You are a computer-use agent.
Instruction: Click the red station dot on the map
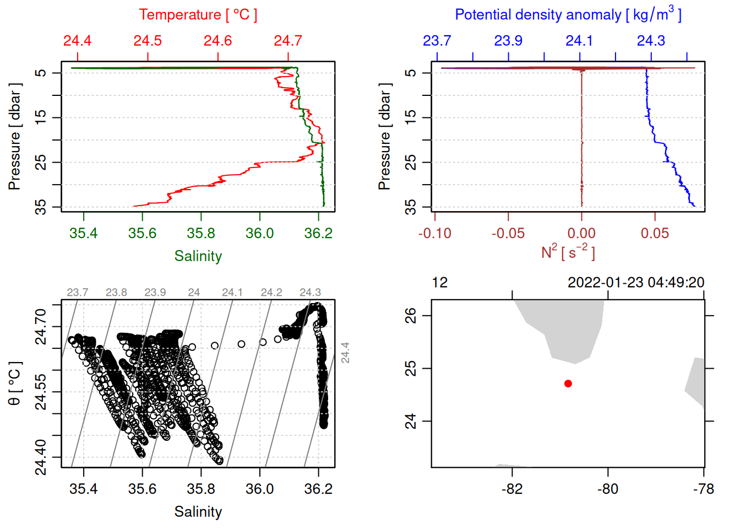click(x=568, y=384)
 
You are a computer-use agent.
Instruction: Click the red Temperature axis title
click(x=198, y=15)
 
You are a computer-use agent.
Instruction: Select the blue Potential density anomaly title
click(x=568, y=15)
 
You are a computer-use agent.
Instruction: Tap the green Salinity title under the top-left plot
click(x=198, y=256)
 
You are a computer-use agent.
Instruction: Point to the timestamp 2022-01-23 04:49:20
click(x=636, y=283)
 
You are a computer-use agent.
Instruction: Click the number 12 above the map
click(x=439, y=283)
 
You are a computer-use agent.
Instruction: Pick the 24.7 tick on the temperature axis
click(x=288, y=41)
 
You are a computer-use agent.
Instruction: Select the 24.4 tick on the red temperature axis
click(x=77, y=41)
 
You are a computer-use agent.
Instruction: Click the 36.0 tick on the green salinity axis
click(x=259, y=234)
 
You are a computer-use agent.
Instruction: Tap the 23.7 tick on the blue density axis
click(x=437, y=41)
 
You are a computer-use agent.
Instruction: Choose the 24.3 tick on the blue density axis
click(x=651, y=41)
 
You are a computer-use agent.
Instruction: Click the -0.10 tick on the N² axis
click(x=434, y=234)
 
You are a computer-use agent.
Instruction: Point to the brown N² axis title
click(x=568, y=252)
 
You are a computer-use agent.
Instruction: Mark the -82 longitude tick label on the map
click(x=512, y=489)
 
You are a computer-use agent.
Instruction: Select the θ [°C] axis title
click(x=15, y=384)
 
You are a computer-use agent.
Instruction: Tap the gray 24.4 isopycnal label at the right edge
click(x=345, y=353)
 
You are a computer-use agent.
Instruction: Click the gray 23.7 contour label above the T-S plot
click(x=78, y=293)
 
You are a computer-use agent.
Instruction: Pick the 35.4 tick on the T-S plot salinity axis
click(x=84, y=489)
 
